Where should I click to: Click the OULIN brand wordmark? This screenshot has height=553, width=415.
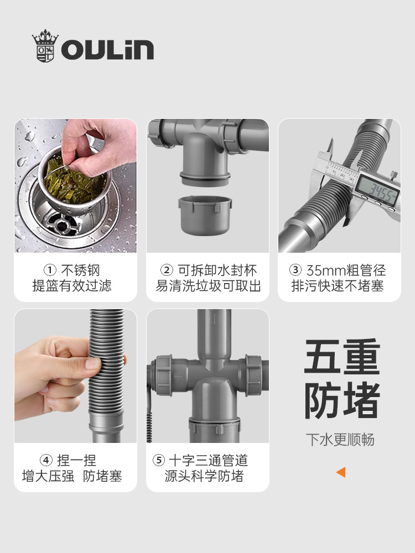[107, 49]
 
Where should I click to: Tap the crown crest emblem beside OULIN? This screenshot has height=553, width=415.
[45, 46]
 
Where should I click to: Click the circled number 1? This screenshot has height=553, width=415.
[50, 270]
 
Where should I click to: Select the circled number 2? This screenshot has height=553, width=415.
[167, 270]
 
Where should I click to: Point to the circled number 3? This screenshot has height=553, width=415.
[295, 270]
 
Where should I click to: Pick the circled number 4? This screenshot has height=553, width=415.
[46, 460]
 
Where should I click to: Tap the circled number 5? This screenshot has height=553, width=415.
[158, 460]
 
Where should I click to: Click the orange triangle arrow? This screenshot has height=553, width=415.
[341, 472]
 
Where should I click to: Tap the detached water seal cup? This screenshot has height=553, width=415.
[205, 215]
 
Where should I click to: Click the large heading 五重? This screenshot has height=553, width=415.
[342, 357]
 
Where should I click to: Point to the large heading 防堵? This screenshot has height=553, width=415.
[342, 400]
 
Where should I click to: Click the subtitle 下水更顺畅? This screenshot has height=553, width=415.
[340, 440]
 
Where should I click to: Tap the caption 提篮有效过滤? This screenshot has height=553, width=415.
[72, 286]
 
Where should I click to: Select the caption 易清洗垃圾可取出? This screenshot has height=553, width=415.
[208, 286]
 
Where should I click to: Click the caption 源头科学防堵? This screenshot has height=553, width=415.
[204, 476]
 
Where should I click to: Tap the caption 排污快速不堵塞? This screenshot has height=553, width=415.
[338, 286]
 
